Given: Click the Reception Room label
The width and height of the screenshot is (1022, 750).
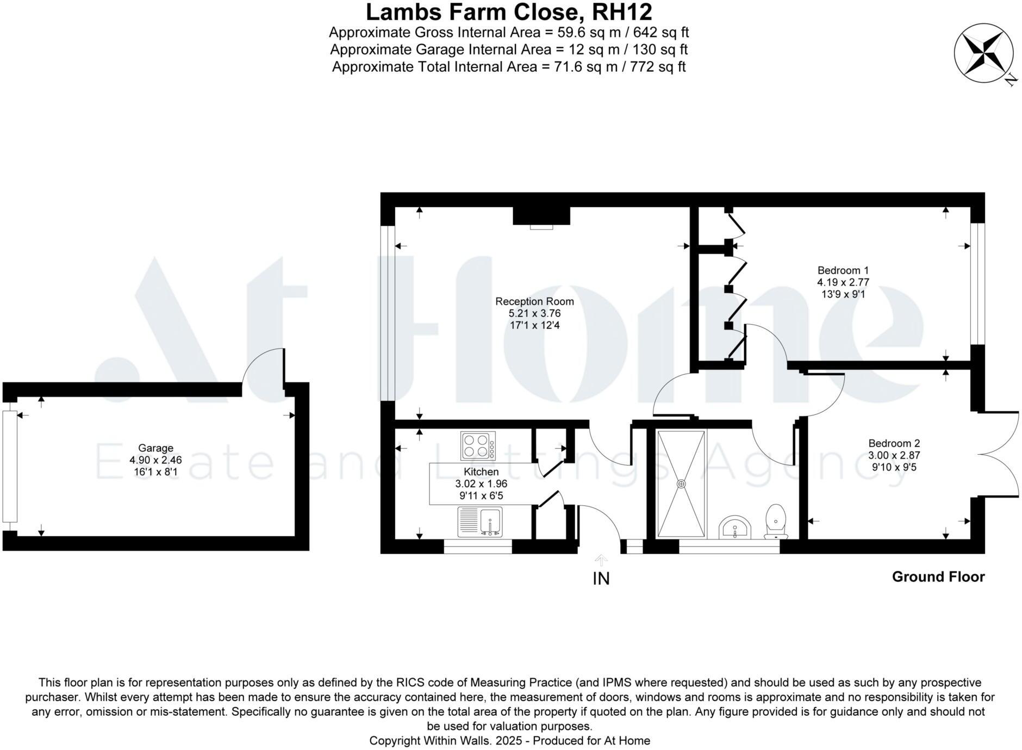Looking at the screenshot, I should [x=534, y=301].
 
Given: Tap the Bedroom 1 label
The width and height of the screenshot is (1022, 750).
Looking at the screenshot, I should [x=843, y=270].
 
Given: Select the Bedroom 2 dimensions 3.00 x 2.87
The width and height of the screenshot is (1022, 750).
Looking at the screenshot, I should [x=894, y=455].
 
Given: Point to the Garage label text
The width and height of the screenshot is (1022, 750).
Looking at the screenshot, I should [x=155, y=448].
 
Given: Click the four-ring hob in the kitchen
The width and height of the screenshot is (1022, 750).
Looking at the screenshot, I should [x=477, y=445].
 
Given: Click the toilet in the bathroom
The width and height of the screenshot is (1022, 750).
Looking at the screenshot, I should [x=776, y=521].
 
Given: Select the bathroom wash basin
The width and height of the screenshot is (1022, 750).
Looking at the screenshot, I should [x=735, y=528].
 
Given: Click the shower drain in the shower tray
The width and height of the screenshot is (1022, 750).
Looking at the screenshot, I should [x=681, y=484].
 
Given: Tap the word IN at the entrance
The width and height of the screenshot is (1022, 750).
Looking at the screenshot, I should [x=601, y=579].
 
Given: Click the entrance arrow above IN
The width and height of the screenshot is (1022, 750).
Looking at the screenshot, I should [x=601, y=560].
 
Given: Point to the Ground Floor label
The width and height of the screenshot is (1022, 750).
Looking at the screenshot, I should [x=938, y=577].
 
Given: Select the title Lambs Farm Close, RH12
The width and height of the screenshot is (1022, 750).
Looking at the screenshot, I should [x=509, y=12].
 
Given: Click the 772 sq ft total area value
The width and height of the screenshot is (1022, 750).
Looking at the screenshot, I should [x=660, y=67].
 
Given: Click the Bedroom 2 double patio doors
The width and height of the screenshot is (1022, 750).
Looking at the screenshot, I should [x=1003, y=455].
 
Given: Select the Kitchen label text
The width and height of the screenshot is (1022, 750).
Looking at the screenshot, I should [x=481, y=472].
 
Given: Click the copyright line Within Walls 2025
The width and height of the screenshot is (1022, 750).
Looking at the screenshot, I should [x=509, y=740].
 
